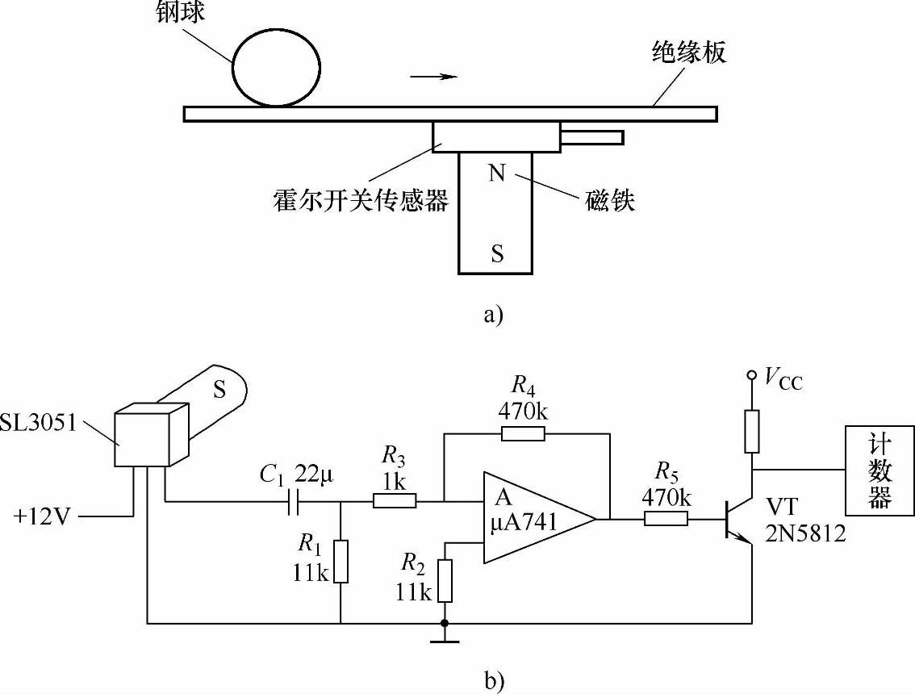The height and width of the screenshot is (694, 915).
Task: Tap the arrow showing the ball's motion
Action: pyautogui.click(x=433, y=77)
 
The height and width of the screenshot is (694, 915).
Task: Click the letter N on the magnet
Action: pyautogui.click(x=497, y=173)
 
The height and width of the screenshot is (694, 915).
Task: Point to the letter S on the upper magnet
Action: pyautogui.click(x=497, y=253)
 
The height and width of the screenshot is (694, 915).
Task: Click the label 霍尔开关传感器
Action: pyautogui.click(x=360, y=200)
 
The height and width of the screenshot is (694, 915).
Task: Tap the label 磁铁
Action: pyautogui.click(x=609, y=199)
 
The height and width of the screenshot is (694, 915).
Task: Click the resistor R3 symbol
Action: pyautogui.click(x=395, y=502)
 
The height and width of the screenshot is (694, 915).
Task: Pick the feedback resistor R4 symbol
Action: pyautogui.click(x=523, y=434)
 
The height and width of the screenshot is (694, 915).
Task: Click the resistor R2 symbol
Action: pyautogui.click(x=445, y=580)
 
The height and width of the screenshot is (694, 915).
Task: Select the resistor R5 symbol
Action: pyautogui.click(x=666, y=519)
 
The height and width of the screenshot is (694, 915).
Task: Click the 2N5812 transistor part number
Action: pyautogui.click(x=805, y=533)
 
